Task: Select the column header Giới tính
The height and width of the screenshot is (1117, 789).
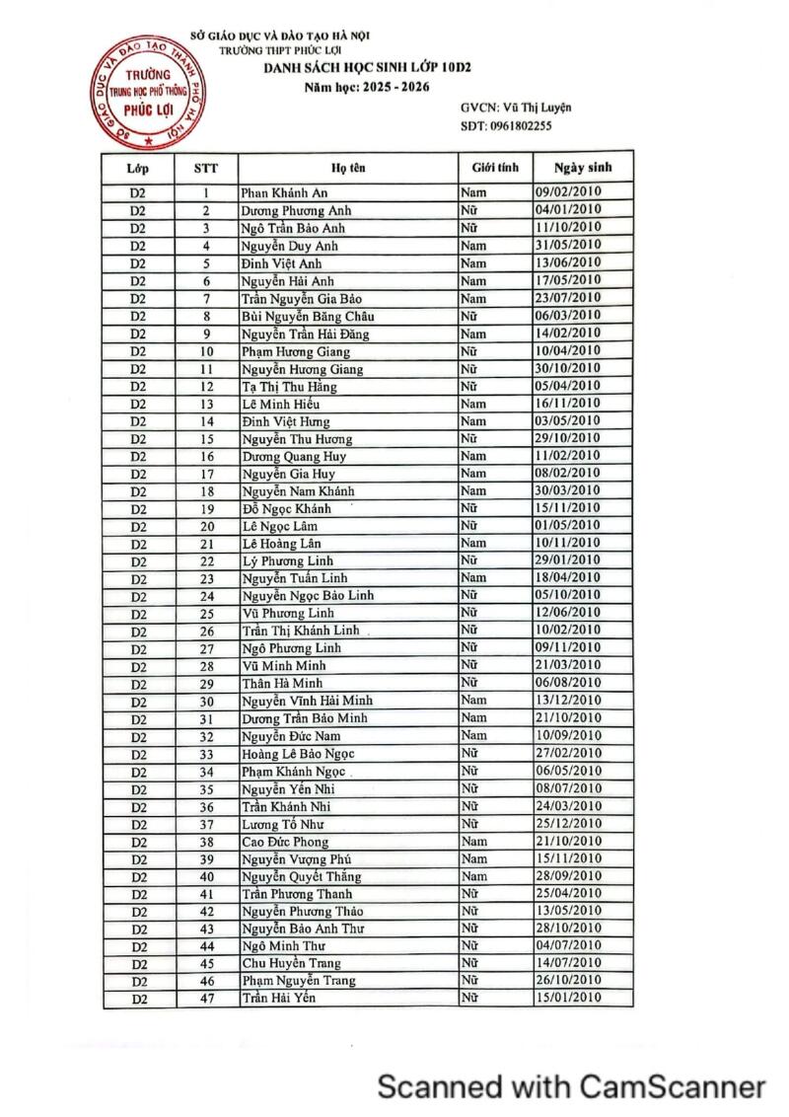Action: [495, 168]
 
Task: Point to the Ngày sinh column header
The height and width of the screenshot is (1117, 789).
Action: [583, 168]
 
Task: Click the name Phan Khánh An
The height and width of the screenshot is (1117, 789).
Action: [284, 193]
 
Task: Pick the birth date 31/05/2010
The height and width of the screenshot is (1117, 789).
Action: [568, 245]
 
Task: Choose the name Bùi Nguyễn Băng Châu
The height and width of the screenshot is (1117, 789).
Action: [308, 316]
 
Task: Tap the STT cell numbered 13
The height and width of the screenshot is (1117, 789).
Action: [207, 404]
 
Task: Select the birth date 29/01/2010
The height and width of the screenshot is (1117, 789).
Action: [568, 560]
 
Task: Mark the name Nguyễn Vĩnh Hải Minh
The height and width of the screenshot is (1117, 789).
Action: [307, 701]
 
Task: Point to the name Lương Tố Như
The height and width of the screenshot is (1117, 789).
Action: [283, 824]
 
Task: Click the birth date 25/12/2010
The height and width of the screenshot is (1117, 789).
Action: [568, 823]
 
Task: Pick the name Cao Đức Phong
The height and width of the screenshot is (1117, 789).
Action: [285, 842]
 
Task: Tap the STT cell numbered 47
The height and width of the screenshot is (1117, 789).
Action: [207, 999]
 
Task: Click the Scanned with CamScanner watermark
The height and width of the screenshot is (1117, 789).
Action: [572, 1086]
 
